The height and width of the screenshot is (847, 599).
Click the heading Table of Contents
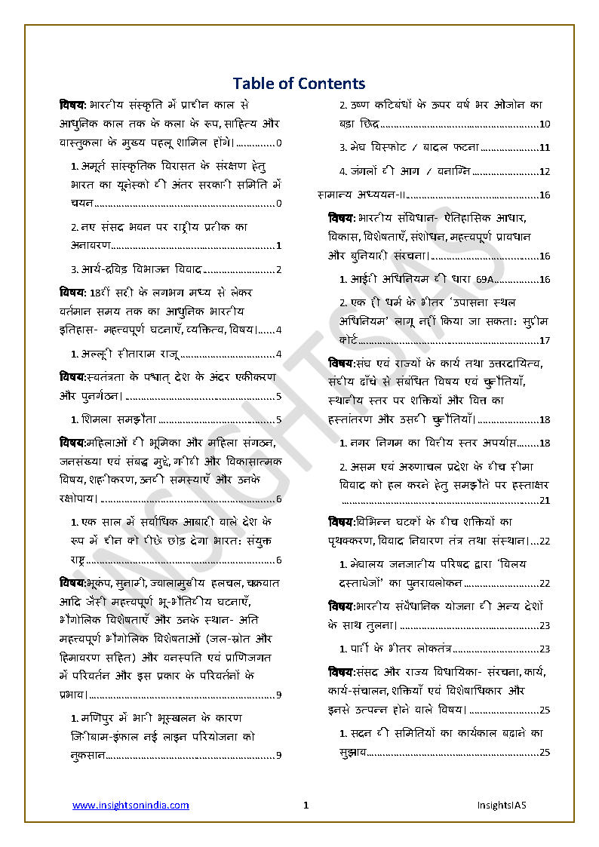point(299,83)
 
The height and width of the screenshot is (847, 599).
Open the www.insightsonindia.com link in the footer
point(131,806)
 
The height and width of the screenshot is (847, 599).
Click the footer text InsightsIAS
point(502,806)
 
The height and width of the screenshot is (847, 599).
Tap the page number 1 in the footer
point(306,806)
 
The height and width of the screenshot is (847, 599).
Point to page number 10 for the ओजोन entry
point(545,124)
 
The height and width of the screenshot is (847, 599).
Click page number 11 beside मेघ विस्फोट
point(545,147)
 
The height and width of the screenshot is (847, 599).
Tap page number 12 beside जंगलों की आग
point(545,171)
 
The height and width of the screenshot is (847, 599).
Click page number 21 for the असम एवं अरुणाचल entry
point(545,500)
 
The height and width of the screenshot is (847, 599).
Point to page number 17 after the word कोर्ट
point(545,340)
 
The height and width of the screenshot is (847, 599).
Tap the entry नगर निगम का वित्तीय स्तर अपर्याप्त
point(432,443)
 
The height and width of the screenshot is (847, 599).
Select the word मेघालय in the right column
point(367,564)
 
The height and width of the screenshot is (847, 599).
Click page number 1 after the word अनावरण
point(278,245)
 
